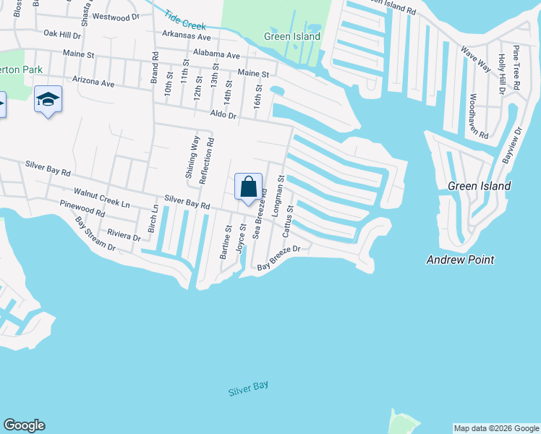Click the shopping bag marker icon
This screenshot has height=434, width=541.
(248, 187)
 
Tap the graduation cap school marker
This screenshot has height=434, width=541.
(48, 99)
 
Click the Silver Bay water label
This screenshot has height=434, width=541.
(248, 388)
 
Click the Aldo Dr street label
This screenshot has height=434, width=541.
(223, 115)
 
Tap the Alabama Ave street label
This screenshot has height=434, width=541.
(216, 55)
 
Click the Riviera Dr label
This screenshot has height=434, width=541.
(124, 236)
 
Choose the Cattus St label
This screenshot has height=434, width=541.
(288, 221)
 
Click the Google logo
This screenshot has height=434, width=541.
(24, 425)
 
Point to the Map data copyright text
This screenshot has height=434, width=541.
(496, 428)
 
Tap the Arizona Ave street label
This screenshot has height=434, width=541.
(93, 83)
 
